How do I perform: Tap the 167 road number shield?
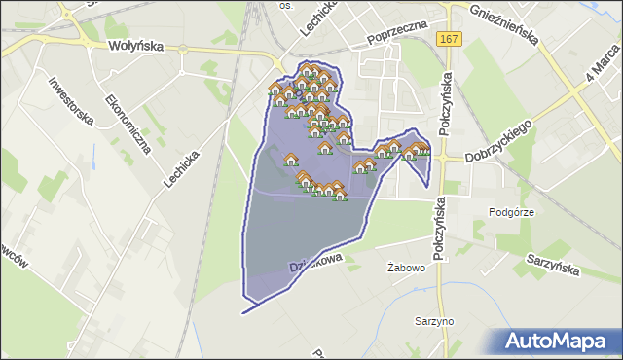447,38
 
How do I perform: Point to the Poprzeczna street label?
399,35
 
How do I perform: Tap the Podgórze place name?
511,211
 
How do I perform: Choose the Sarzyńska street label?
554,261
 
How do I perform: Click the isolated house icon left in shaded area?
290,160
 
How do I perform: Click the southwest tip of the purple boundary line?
242,313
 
